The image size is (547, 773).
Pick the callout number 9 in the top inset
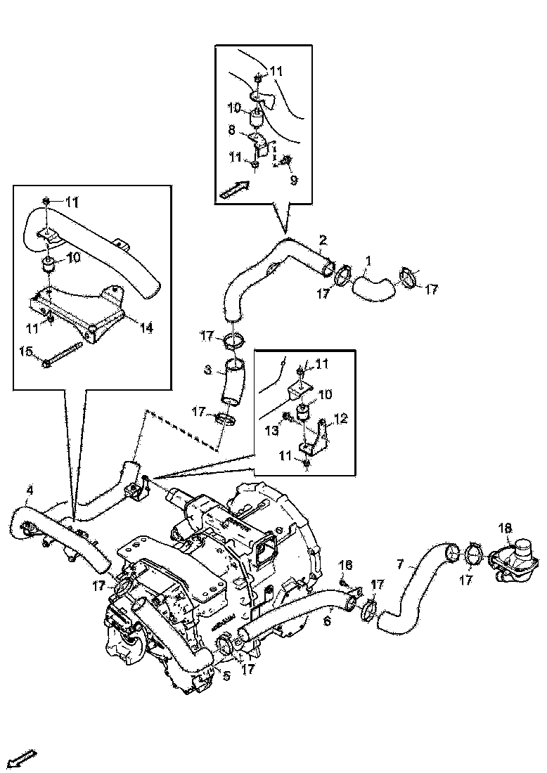pos(293,180)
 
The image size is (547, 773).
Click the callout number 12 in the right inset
pos(340,419)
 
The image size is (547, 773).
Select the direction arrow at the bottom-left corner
pos(23,758)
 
